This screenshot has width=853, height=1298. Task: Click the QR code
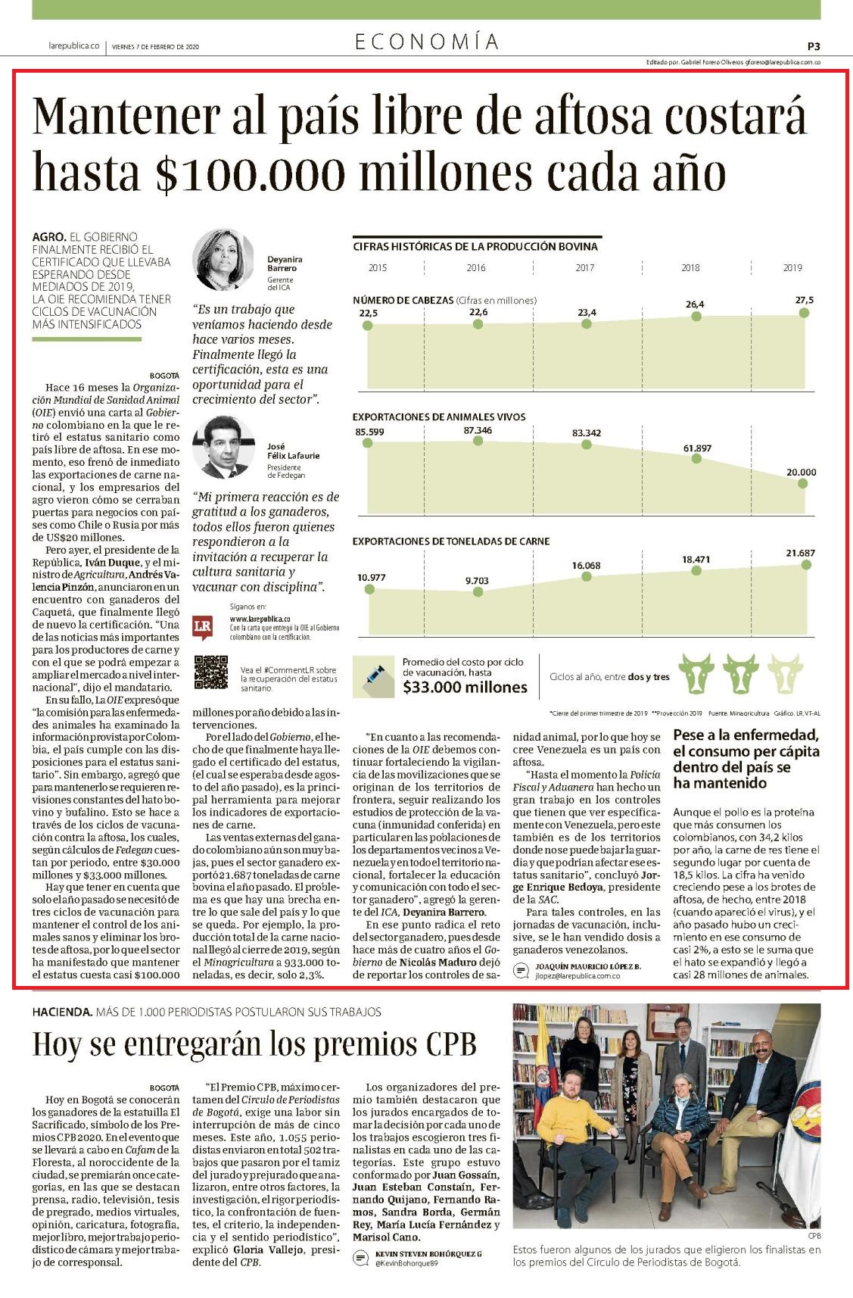pos(210,672)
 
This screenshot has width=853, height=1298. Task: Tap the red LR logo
pos(203,627)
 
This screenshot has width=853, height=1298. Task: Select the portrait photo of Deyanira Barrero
pos(223,260)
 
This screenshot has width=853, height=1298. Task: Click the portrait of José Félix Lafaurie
pos(223,447)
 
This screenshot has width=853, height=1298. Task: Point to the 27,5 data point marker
pos(804,312)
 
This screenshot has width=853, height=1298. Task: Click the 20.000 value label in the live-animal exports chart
pos(801,473)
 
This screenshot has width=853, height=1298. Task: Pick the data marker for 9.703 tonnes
pos(478,592)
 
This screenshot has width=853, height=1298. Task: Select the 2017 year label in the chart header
pos(585,268)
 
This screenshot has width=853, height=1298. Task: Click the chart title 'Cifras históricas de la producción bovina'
pos(475,246)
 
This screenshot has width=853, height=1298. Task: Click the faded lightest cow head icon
pos(785,674)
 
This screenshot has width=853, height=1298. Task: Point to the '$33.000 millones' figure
pos(465,688)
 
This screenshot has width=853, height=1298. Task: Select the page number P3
pos(814,46)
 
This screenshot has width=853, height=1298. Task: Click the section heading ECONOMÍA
pos(427,42)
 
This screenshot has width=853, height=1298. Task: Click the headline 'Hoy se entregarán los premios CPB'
pos(254,1044)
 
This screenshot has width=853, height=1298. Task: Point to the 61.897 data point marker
pos(696,459)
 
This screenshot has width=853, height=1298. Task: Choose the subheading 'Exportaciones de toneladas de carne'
pos(451,541)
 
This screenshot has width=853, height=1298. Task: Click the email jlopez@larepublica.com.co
pos(577,976)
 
